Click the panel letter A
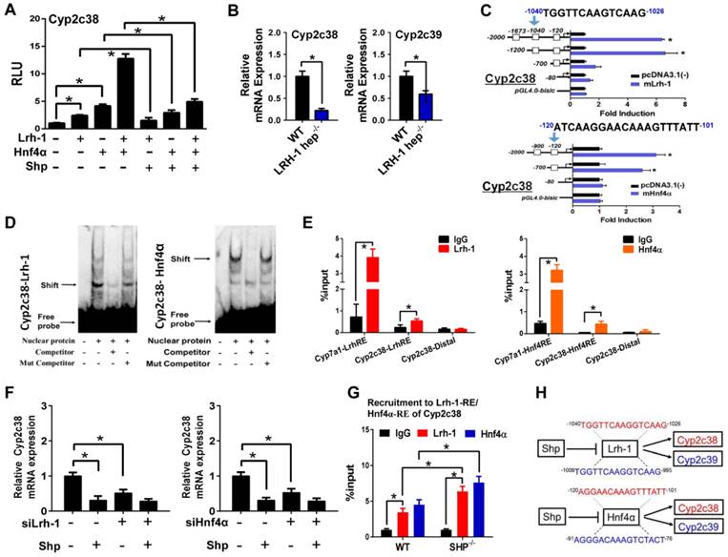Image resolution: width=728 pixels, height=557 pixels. [x=10, y=11]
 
